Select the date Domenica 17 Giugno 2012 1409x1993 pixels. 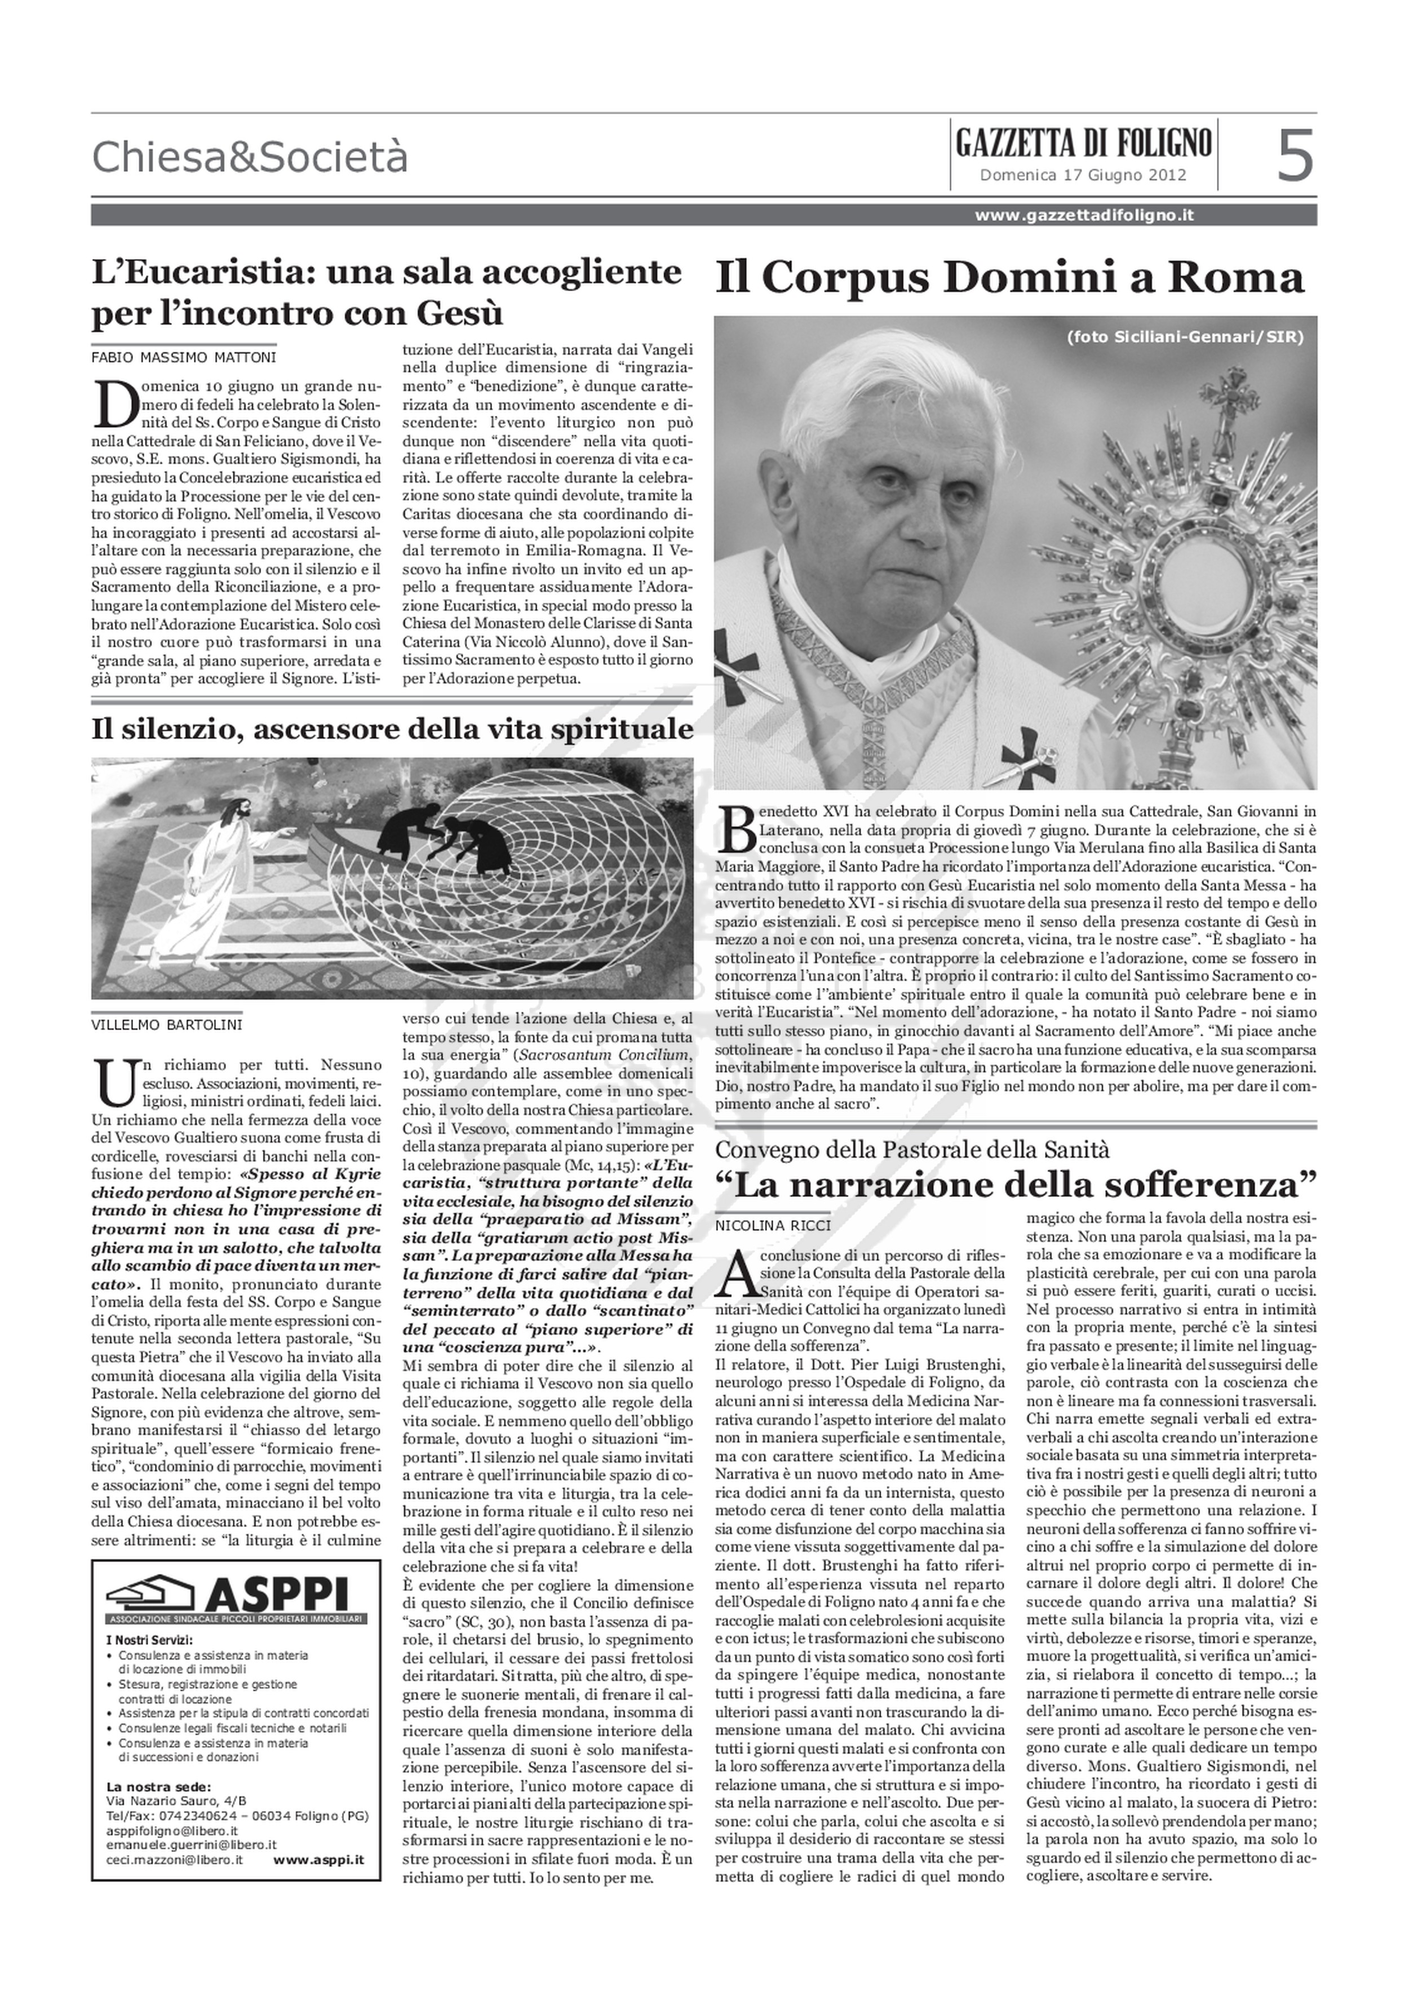1083,175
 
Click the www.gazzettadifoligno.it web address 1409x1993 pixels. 1083,215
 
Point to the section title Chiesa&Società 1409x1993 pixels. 249,157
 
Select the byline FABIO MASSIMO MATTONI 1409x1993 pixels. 184,357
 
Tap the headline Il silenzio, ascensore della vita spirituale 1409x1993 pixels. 392,729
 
